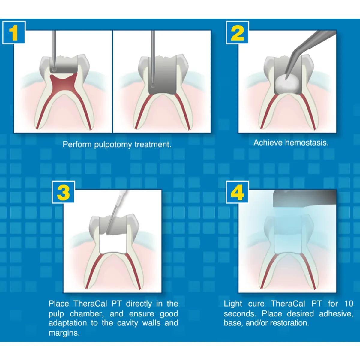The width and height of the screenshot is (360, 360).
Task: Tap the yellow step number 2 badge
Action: pyautogui.click(x=237, y=33)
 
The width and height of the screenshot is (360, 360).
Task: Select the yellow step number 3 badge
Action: pyautogui.click(x=63, y=192)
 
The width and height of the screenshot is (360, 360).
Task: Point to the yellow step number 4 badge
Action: pyautogui.click(x=237, y=192)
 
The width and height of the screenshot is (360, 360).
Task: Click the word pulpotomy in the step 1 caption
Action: pyautogui.click(x=113, y=145)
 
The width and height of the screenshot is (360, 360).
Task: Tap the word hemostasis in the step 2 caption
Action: pyautogui.click(x=307, y=143)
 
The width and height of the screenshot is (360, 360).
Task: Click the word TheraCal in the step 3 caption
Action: pyautogui.click(x=90, y=304)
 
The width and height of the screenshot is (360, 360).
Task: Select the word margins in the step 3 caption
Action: pyautogui.click(x=64, y=333)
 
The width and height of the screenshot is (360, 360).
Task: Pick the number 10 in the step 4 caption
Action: pyautogui.click(x=349, y=304)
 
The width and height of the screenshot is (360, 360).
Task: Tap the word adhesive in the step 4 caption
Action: pyautogui.click(x=336, y=314)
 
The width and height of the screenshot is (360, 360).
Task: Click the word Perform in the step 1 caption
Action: pyautogui.click(x=77, y=144)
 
